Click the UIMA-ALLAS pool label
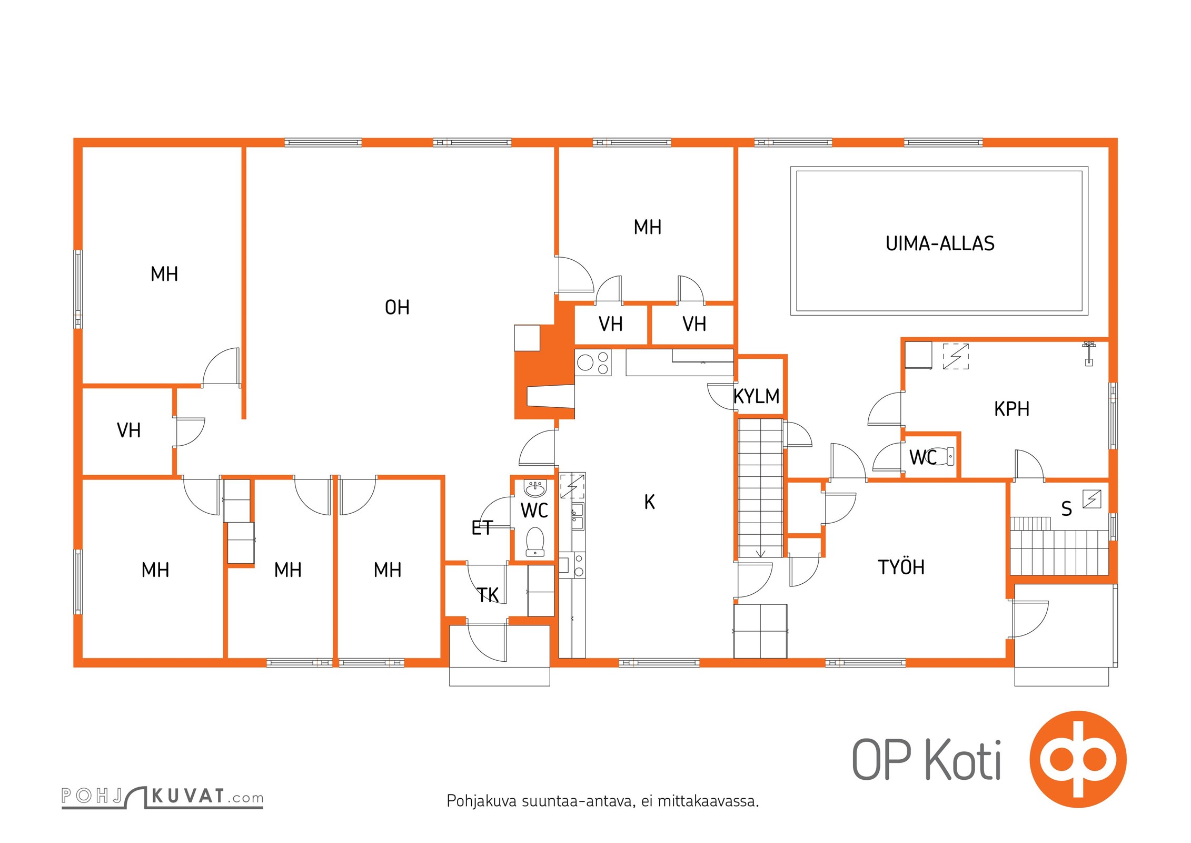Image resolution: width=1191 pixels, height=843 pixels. pos(940,243)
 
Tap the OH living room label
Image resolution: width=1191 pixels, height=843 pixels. pos(397,308)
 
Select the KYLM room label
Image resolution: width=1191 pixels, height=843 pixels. pos(757,396)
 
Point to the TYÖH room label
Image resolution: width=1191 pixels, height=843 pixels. pos(901,567)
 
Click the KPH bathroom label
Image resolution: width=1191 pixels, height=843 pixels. pos(1011,409)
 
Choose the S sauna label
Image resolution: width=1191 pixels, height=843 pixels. pos(1066,509)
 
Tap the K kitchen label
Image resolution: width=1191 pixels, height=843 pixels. pos(650,502)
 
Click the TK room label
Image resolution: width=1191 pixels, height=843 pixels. pos(488,595)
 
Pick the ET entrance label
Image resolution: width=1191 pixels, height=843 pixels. pos(482,527)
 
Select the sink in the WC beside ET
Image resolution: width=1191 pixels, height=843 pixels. pos(535,488)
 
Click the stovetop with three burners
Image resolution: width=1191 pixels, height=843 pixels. pos(593,362)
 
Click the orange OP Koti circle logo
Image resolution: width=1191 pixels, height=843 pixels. pos(1078,759)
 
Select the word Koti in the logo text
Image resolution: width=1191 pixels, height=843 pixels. pos(963,760)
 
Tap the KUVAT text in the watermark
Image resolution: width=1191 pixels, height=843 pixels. pos(189,796)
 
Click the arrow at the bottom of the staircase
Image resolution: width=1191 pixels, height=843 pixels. pos(760,553)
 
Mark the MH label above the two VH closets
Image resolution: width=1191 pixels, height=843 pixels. pos(647,228)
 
